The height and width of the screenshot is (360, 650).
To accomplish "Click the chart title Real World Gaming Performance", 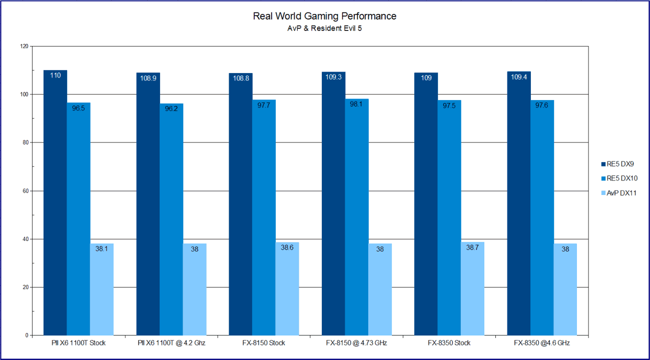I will coord(324,16).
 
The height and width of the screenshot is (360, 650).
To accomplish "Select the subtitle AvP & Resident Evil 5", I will coord(324,28).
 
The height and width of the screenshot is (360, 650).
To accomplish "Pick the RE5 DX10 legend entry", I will coord(619,178).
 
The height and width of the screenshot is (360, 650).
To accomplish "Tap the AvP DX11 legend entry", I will coord(619,193).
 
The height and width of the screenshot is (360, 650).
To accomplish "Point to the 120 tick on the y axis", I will coord(23,46).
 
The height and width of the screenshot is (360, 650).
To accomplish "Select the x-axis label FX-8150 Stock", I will coord(264,343).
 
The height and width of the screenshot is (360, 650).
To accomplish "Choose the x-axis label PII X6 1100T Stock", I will coord(79,343).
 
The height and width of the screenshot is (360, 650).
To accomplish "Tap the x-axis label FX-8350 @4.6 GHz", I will coord(542,343).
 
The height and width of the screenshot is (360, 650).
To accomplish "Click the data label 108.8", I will coord(241,78).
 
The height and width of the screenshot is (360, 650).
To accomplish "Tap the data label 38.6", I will coord(287,247).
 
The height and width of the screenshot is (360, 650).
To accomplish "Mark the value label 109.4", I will coord(519,77).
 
